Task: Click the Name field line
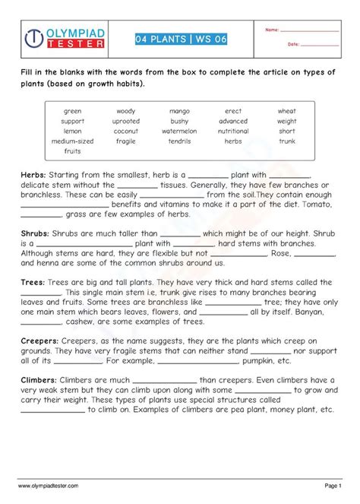pos(309,31)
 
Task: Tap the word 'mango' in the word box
pos(179,112)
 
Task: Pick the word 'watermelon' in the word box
pos(179,132)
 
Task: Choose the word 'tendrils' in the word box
pos(179,141)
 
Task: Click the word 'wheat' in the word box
pos(286,112)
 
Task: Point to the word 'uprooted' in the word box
pos(125,122)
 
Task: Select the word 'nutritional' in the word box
pos(233,132)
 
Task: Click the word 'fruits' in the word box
pos(73,151)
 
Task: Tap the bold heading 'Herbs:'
pos(33,175)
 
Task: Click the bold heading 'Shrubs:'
pos(36,234)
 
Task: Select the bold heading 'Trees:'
pos(33,283)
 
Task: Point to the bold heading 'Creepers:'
pos(40,342)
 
